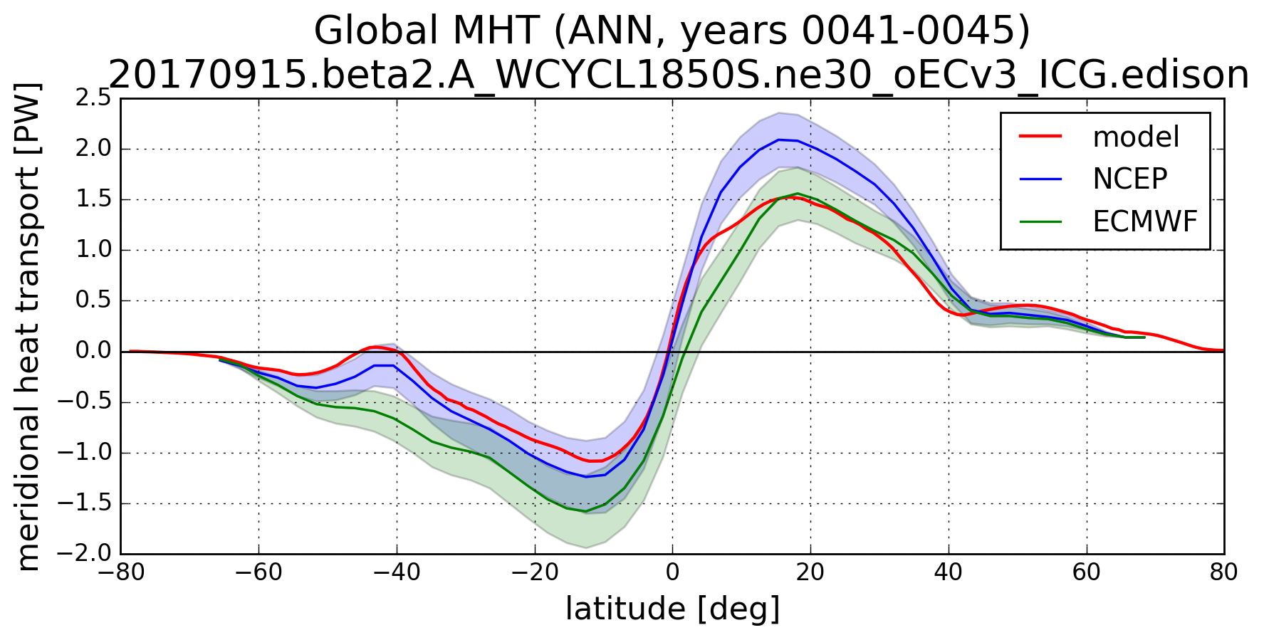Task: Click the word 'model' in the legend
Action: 1136,137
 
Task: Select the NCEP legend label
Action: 1129,179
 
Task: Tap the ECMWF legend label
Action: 1145,222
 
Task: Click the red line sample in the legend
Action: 1041,135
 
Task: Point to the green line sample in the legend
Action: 1041,221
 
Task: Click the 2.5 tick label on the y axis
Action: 94,99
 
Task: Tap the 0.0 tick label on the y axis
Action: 94,352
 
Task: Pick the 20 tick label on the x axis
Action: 810,572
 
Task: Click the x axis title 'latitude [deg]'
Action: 672,609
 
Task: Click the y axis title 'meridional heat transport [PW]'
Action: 28,326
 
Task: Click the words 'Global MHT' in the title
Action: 428,31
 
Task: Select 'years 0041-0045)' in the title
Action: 855,31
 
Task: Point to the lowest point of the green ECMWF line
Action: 585,511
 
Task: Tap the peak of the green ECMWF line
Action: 797,193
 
